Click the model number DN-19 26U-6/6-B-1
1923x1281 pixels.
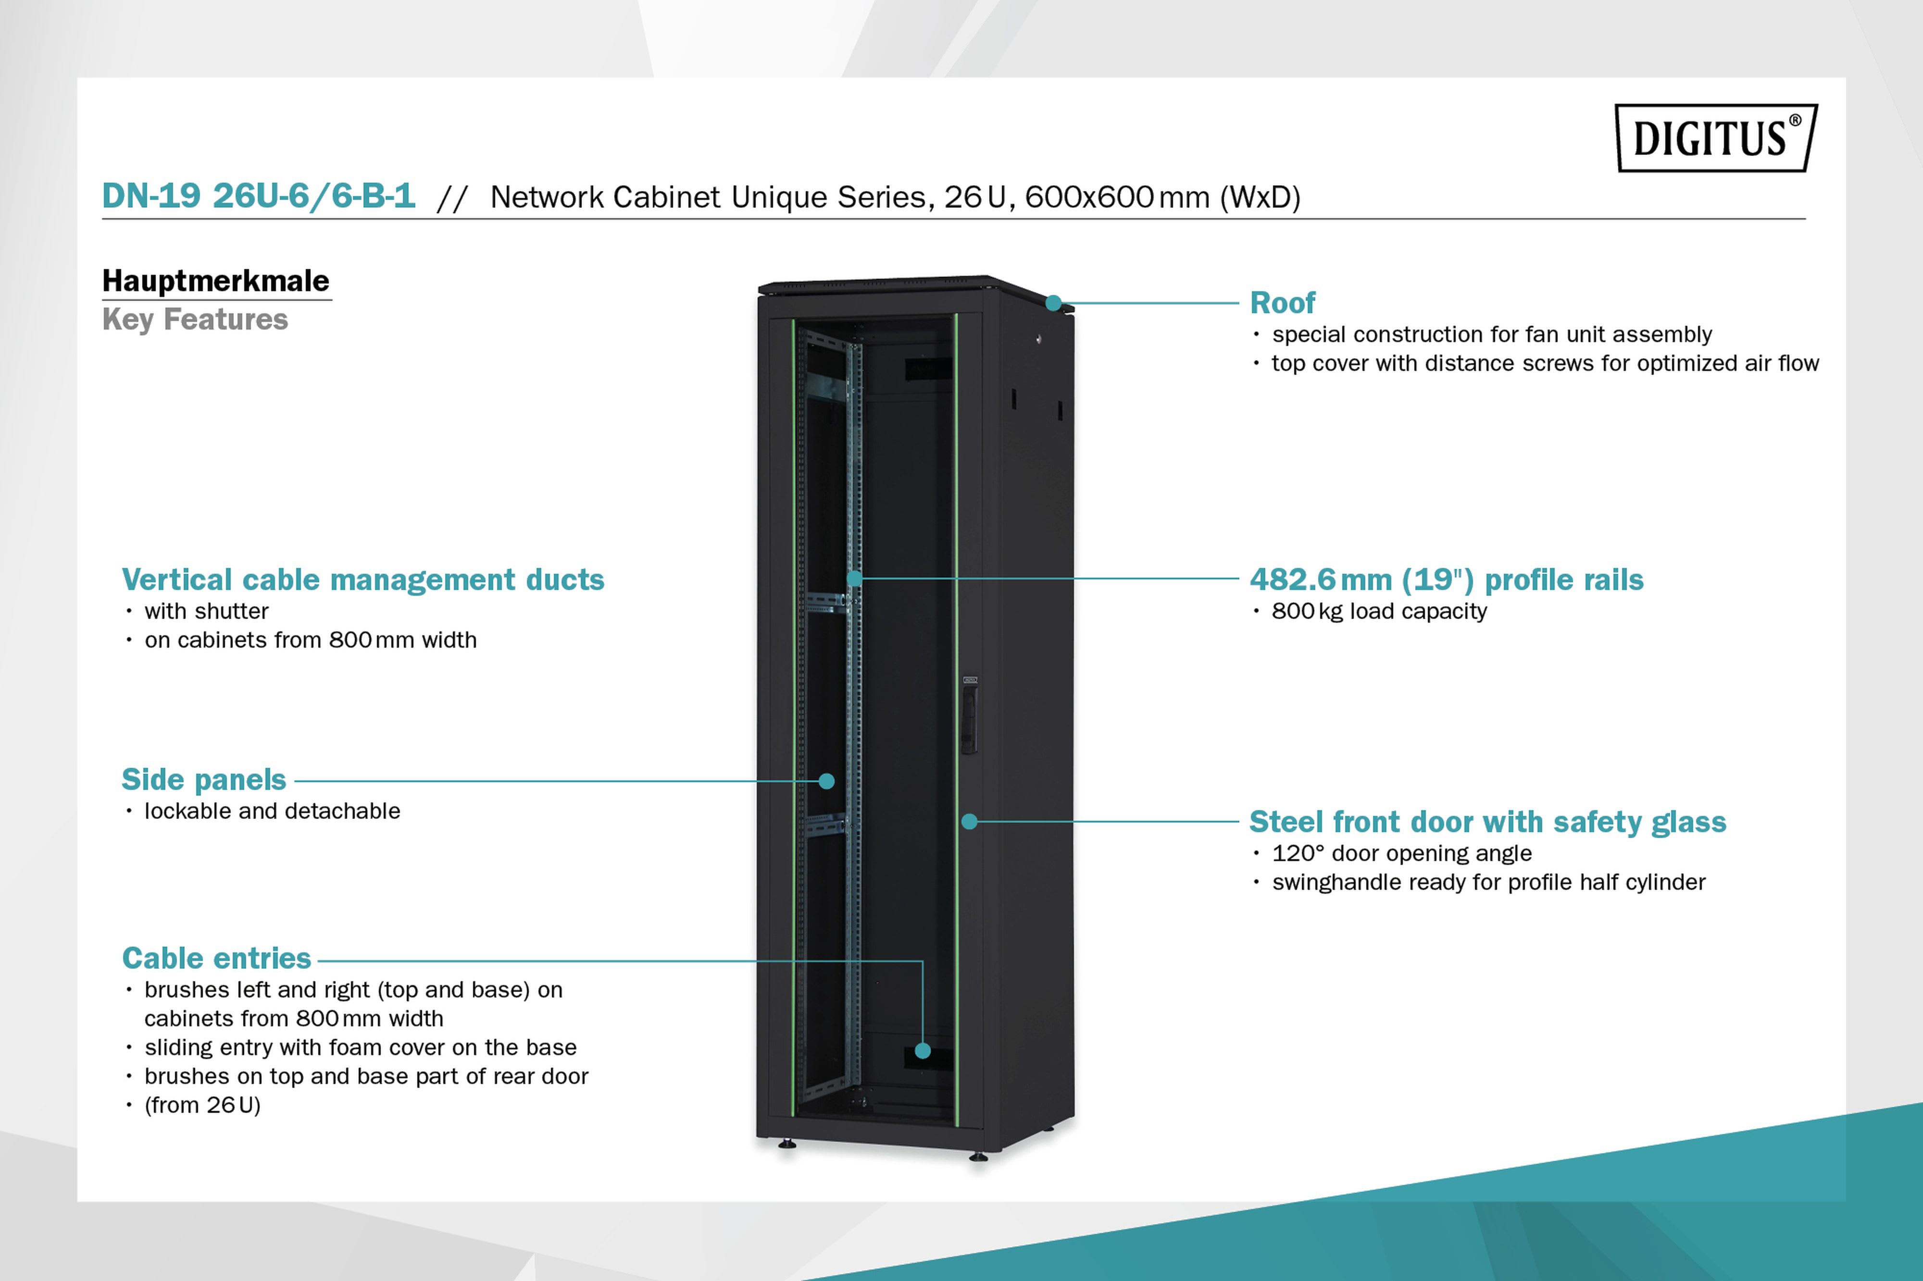pyautogui.click(x=258, y=196)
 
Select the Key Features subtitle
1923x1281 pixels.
pyautogui.click(x=195, y=320)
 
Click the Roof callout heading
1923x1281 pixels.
pyautogui.click(x=1282, y=303)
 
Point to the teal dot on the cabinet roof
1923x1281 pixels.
pyautogui.click(x=1053, y=303)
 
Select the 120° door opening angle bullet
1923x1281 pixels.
pyautogui.click(x=1401, y=853)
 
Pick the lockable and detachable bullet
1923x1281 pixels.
pyautogui.click(x=272, y=811)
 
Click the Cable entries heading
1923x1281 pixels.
pyautogui.click(x=216, y=958)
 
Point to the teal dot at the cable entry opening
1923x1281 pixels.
pyautogui.click(x=923, y=1051)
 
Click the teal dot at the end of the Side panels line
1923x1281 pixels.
pyautogui.click(x=826, y=781)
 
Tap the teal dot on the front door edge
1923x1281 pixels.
pyautogui.click(x=969, y=821)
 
